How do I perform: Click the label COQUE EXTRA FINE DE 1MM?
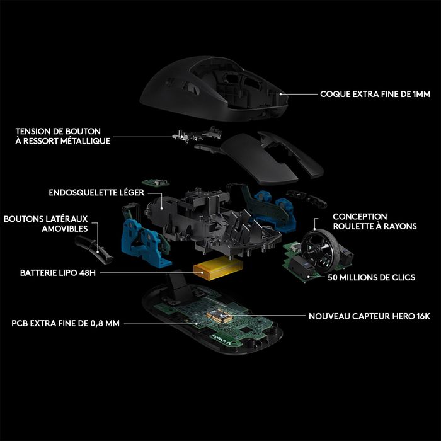point(375,94)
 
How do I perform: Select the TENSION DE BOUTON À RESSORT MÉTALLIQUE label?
point(63,136)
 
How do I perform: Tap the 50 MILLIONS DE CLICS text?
point(371,277)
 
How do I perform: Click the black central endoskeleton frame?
point(202,217)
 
